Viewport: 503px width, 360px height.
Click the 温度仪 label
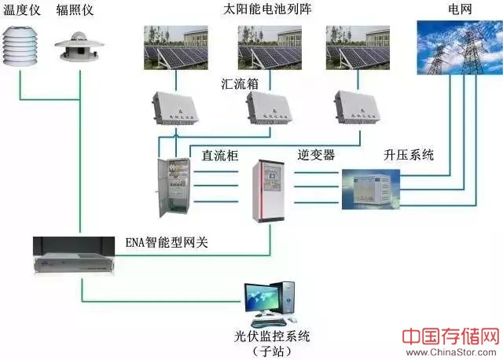pyautogui.click(x=23, y=10)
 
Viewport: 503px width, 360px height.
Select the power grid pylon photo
pyautogui.click(x=458, y=48)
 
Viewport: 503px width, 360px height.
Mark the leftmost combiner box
pyautogui.click(x=177, y=111)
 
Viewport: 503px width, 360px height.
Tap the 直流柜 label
pyautogui.click(x=220, y=155)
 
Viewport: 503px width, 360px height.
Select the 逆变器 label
pyautogui.click(x=316, y=155)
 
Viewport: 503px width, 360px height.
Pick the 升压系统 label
pyautogui.click(x=408, y=155)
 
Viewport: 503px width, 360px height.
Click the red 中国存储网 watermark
pyautogui.click(x=450, y=336)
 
